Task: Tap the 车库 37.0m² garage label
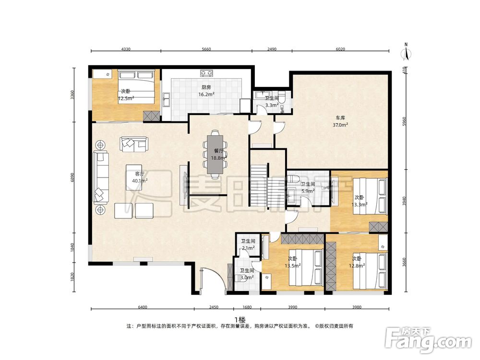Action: [x=340, y=121]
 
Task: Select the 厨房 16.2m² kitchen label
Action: [x=206, y=91]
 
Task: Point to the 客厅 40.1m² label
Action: [x=140, y=177]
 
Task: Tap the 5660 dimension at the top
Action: [x=206, y=49]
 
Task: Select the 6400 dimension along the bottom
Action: [x=143, y=307]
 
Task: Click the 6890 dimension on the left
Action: [x=72, y=178]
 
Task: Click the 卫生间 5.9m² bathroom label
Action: [x=308, y=188]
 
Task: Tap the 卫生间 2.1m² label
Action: [x=248, y=245]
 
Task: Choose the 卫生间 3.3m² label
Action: [x=272, y=102]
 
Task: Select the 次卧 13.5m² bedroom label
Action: [x=292, y=263]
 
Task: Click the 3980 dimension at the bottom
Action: [x=357, y=307]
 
